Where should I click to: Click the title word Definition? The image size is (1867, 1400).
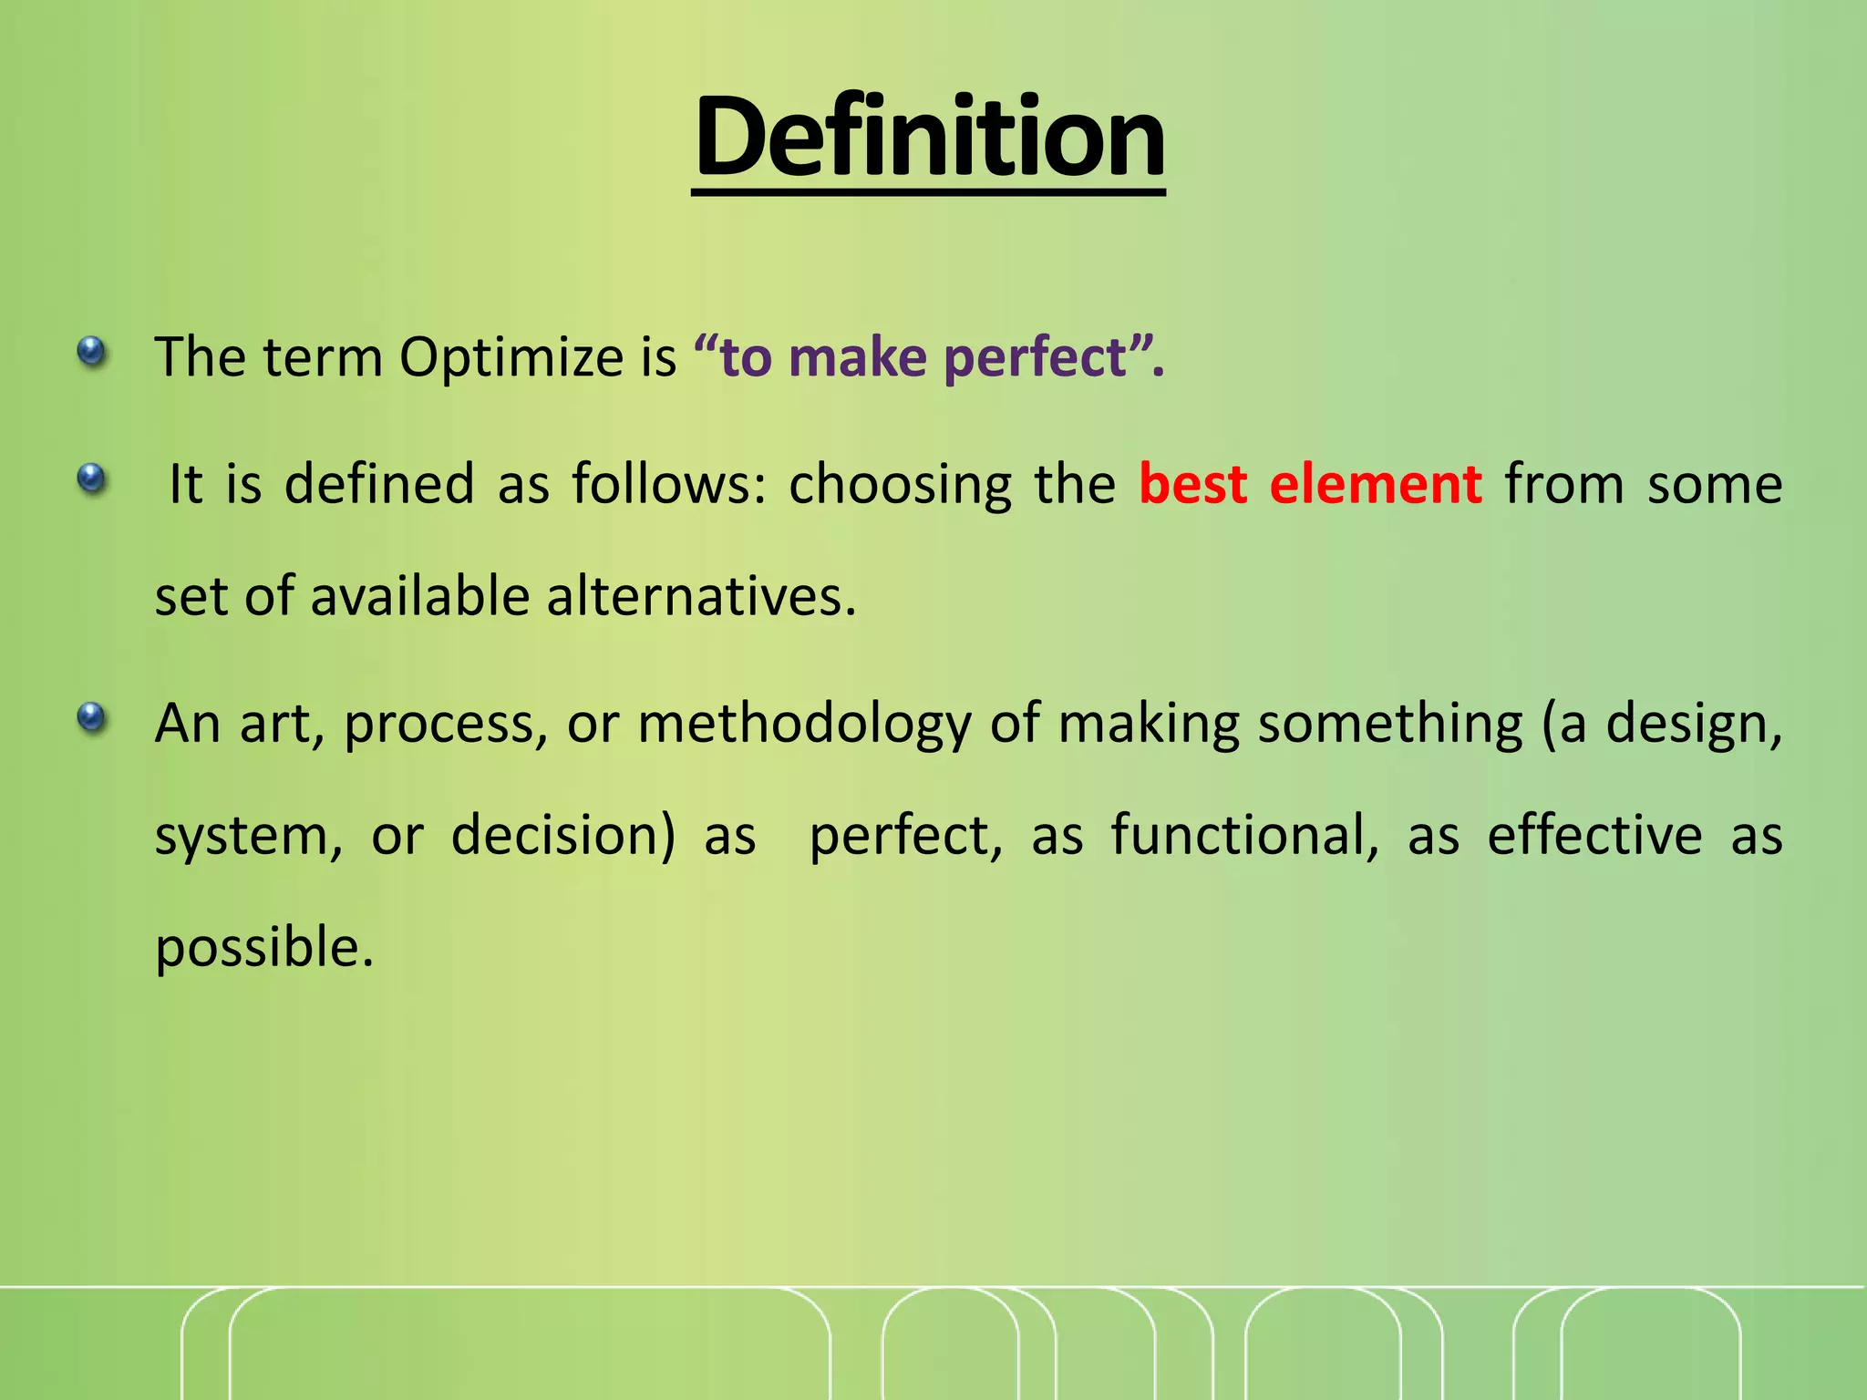929,139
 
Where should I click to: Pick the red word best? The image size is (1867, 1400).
1192,484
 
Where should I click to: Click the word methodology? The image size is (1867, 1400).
804,725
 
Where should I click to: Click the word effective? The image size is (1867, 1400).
1594,836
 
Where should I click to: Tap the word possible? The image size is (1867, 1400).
263,948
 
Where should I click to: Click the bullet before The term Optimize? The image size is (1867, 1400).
91,351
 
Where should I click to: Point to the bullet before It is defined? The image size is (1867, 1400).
91,478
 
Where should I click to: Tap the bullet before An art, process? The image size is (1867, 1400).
91,718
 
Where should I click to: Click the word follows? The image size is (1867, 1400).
669,484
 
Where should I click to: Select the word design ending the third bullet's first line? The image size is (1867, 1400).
1690,725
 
